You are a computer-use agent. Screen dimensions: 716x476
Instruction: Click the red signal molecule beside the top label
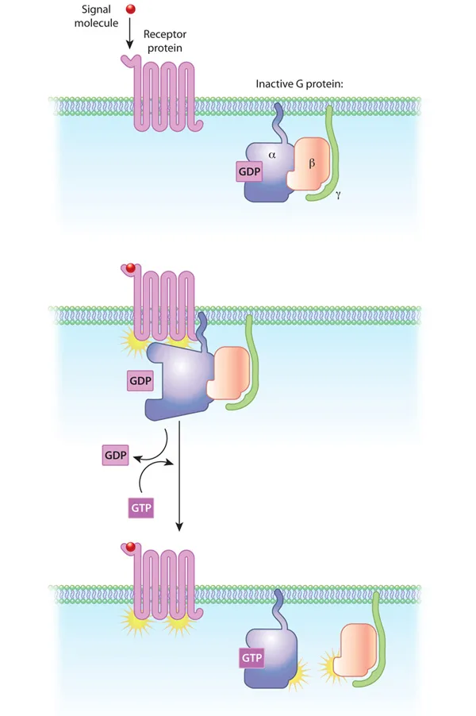pyautogui.click(x=131, y=10)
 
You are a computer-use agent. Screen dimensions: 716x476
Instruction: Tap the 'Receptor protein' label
pyautogui.click(x=165, y=41)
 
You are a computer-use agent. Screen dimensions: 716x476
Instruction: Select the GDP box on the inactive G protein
pyautogui.click(x=248, y=170)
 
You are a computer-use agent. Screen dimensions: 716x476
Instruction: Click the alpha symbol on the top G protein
pyautogui.click(x=282, y=156)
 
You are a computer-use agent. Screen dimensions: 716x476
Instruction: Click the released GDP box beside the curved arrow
pyautogui.click(x=114, y=456)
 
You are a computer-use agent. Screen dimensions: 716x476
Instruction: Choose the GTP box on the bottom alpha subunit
pyautogui.click(x=251, y=656)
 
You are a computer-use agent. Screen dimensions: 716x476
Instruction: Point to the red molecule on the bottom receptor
pyautogui.click(x=126, y=548)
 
